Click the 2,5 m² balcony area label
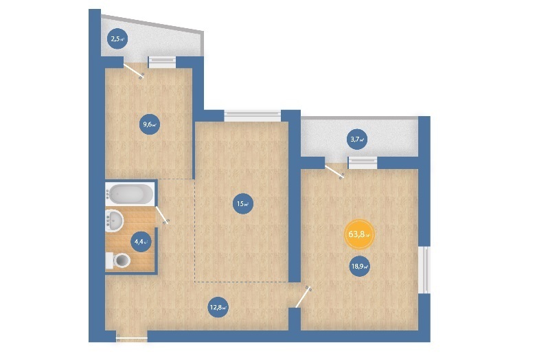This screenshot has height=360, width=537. (117, 38)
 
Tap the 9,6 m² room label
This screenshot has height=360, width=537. (149, 124)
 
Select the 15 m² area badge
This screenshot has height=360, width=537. (243, 204)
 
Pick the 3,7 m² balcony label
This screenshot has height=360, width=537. (357, 139)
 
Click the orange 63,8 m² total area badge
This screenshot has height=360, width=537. (359, 235)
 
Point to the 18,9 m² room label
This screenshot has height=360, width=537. (359, 266)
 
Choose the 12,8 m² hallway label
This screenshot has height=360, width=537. (218, 307)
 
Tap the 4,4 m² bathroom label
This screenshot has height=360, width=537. (141, 241)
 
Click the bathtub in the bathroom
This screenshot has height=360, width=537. (130, 194)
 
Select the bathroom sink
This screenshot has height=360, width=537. (115, 221)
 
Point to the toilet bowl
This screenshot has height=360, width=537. (119, 260)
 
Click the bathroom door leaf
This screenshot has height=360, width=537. (162, 215)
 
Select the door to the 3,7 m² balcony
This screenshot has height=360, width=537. (334, 172)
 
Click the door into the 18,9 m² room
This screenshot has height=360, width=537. (304, 297)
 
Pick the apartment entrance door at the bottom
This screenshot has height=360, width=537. (132, 339)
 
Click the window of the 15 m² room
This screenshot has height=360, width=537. (253, 116)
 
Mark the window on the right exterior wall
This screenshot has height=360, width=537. (425, 270)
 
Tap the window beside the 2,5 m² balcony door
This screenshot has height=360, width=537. (162, 63)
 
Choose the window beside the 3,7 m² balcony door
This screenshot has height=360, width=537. (363, 163)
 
